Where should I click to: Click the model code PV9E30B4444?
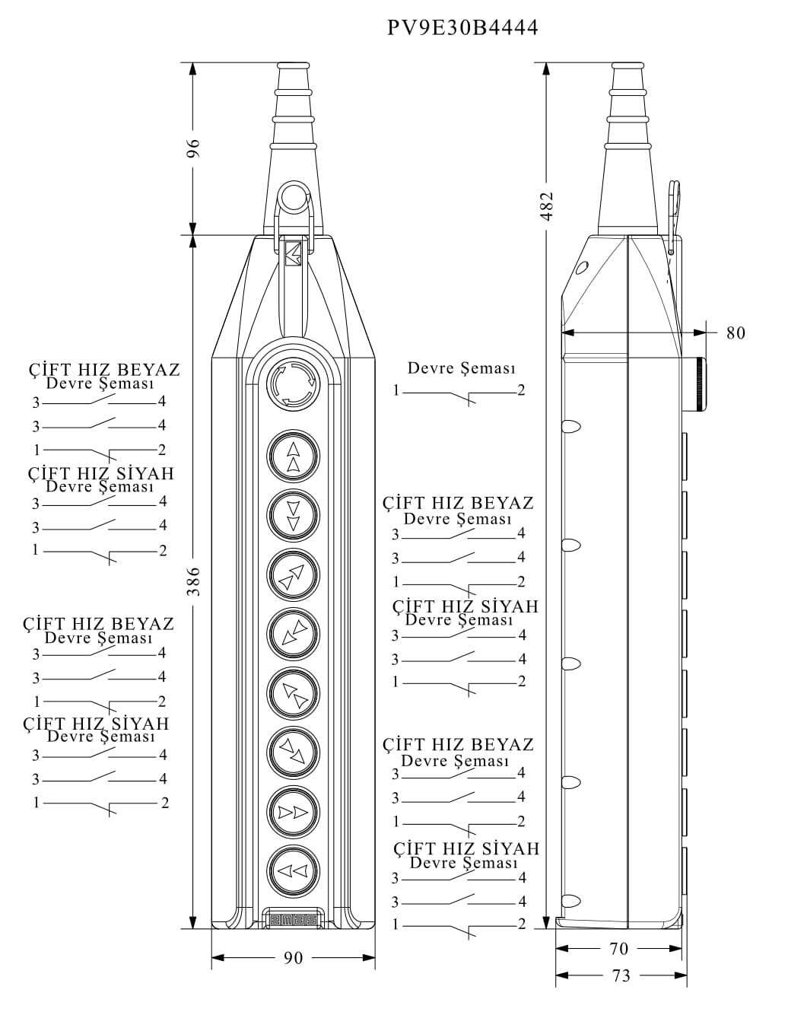coord(462,28)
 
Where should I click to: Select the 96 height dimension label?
coord(194,148)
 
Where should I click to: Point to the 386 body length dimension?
coord(194,581)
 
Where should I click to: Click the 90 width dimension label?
coord(293,958)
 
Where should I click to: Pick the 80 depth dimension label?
coord(736,333)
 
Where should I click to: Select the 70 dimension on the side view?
coord(619,949)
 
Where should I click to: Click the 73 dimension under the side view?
coord(621,975)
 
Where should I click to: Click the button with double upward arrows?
coord(293,457)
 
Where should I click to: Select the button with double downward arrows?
coord(293,515)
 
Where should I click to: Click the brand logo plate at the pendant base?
coord(293,920)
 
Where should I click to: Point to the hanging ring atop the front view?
coord(292,197)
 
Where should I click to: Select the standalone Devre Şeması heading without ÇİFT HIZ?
coord(461,369)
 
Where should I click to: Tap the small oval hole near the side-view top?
coord(582,268)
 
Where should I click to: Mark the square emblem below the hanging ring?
coord(293,253)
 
